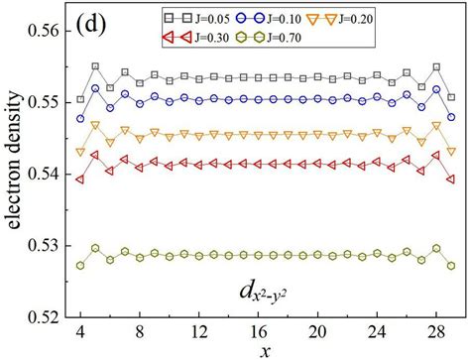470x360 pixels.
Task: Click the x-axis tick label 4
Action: (x=80, y=330)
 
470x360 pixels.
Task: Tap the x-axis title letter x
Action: (x=262, y=350)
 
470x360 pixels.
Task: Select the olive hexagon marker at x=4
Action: (x=80, y=265)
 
